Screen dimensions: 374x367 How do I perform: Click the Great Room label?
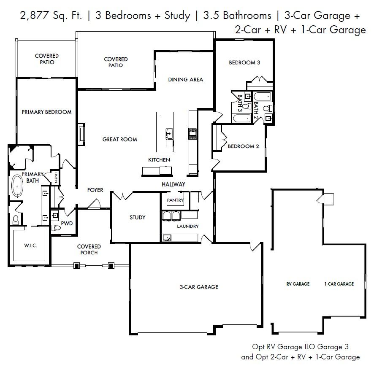pyautogui.click(x=120, y=139)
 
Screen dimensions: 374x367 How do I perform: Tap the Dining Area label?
pyautogui.click(x=186, y=80)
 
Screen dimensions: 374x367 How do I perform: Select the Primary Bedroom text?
pyautogui.click(x=46, y=112)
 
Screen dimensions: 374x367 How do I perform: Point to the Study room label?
pyautogui.click(x=137, y=217)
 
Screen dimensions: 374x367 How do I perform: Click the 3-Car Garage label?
pyautogui.click(x=199, y=287)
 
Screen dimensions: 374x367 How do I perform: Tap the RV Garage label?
pyautogui.click(x=298, y=284)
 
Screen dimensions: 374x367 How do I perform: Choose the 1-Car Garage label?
pyautogui.click(x=339, y=284)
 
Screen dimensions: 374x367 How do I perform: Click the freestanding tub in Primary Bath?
pyautogui.click(x=17, y=186)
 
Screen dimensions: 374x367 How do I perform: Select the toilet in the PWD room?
pyautogui.click(x=56, y=228)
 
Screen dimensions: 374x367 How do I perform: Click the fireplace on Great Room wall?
pyautogui.click(x=81, y=134)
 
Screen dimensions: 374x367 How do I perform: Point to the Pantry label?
pyautogui.click(x=175, y=200)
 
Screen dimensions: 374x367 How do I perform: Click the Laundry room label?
pyautogui.click(x=188, y=226)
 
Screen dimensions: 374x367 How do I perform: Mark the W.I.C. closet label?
pyautogui.click(x=30, y=246)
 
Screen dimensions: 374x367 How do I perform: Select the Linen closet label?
pyautogui.click(x=56, y=178)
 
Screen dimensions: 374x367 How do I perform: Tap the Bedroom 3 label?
pyautogui.click(x=244, y=63)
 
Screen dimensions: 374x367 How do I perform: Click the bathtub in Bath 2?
pyautogui.click(x=263, y=97)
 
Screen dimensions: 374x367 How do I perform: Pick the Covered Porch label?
pyautogui.click(x=89, y=249)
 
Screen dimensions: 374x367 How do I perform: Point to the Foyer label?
pyautogui.click(x=95, y=190)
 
